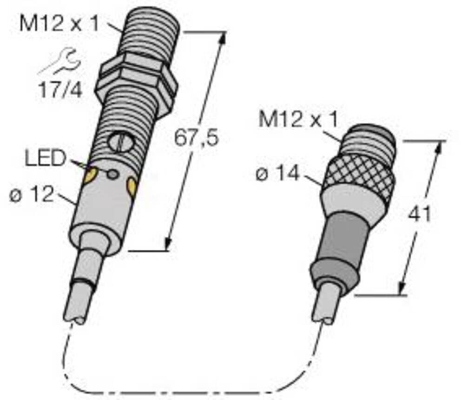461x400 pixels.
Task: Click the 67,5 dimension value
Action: tap(196, 138)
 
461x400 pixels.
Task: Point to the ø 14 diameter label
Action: tap(277, 174)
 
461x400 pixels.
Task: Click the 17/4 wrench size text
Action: tap(59, 90)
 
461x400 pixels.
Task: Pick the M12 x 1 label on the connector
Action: tap(298, 120)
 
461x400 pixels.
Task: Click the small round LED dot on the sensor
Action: tap(112, 174)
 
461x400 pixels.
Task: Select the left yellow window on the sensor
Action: tap(90, 175)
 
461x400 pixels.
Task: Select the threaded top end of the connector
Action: tap(372, 138)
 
